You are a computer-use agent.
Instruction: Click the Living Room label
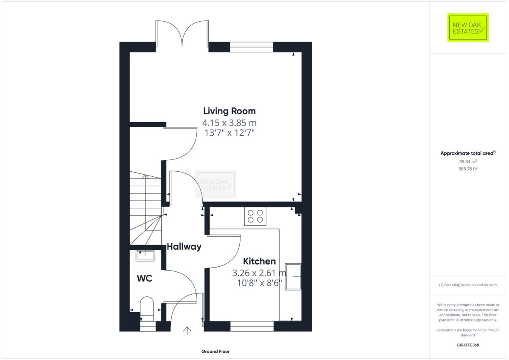(x=229, y=111)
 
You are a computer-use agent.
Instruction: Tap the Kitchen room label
(x=259, y=261)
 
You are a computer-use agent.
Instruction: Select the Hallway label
(x=184, y=246)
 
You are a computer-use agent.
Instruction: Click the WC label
(x=144, y=279)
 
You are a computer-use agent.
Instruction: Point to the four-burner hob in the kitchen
(x=255, y=216)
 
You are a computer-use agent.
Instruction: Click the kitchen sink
(x=293, y=276)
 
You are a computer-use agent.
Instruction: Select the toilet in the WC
(x=146, y=308)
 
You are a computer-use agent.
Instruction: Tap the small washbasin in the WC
(x=145, y=255)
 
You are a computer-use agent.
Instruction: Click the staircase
(x=145, y=208)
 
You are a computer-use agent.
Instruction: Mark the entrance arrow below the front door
(x=187, y=330)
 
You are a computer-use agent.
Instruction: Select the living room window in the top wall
(x=252, y=47)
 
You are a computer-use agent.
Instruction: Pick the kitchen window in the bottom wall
(x=252, y=326)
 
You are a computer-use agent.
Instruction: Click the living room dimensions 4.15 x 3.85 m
(x=229, y=123)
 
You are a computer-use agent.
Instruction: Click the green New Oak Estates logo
(x=468, y=28)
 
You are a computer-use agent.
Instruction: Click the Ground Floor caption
(x=215, y=352)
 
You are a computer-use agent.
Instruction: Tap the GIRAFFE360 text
(x=467, y=345)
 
